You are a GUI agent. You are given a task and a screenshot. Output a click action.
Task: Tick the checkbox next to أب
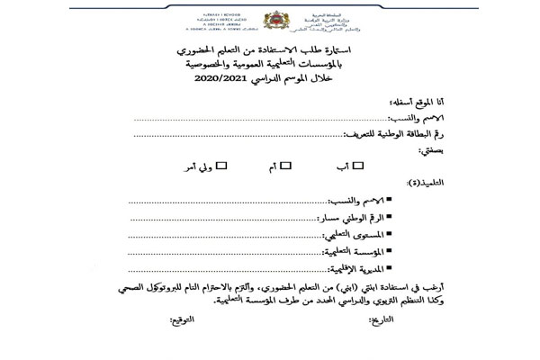(x=357, y=165)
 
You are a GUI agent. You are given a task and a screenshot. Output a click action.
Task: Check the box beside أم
(x=286, y=165)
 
